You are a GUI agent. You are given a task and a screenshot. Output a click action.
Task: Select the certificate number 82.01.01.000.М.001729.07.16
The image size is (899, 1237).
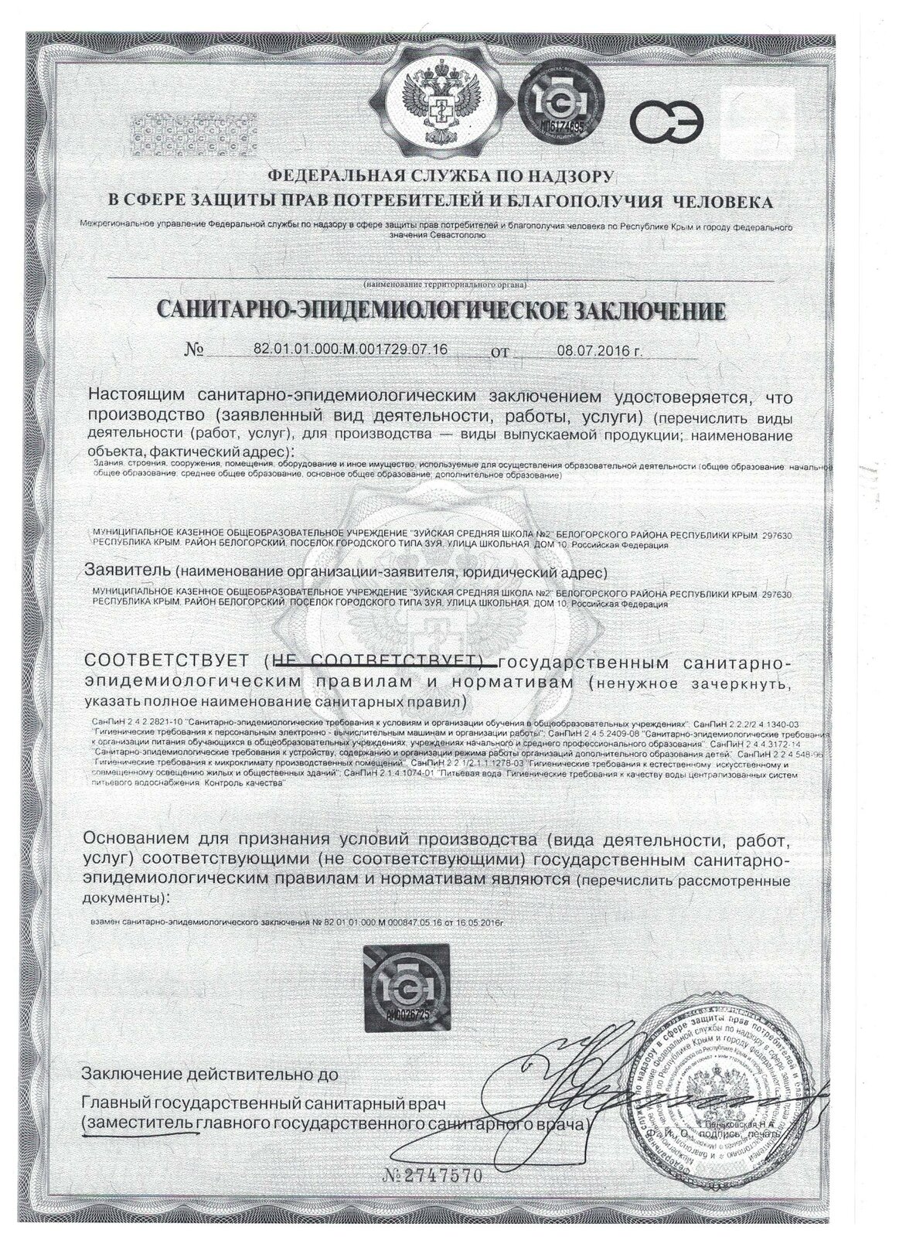(x=350, y=350)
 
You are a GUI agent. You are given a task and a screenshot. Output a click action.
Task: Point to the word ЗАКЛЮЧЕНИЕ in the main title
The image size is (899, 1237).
(x=648, y=311)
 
